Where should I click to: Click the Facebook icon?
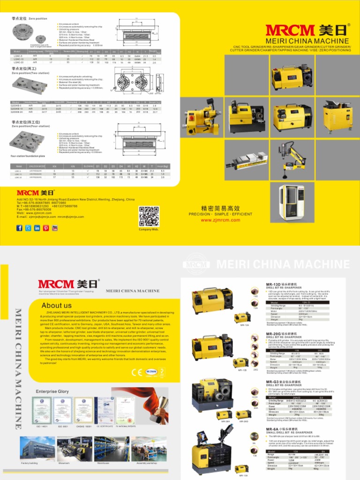(x=20, y=228)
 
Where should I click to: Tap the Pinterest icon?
(x=46, y=228)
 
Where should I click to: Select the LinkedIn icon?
(x=29, y=228)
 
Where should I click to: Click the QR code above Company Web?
(x=149, y=216)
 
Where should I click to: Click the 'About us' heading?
(x=56, y=306)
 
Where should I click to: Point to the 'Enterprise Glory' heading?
(x=52, y=391)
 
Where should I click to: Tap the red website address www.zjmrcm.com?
(x=220, y=220)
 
